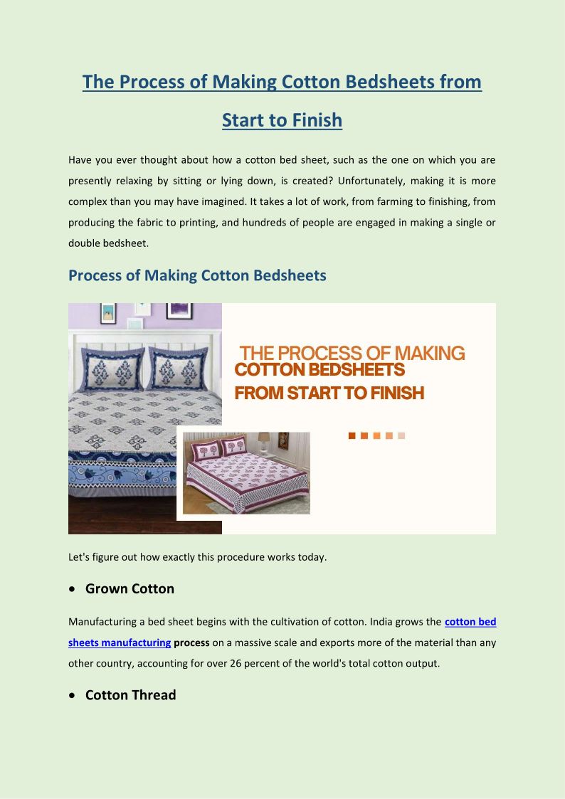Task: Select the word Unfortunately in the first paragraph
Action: (x=342, y=181)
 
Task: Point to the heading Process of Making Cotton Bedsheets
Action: (x=197, y=275)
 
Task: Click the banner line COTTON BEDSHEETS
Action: (x=320, y=370)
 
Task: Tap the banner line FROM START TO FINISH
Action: (x=329, y=393)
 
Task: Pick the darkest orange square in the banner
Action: (x=352, y=435)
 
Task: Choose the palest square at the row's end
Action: (x=401, y=435)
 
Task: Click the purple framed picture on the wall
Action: (x=179, y=310)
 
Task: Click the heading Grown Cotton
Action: (x=130, y=588)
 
